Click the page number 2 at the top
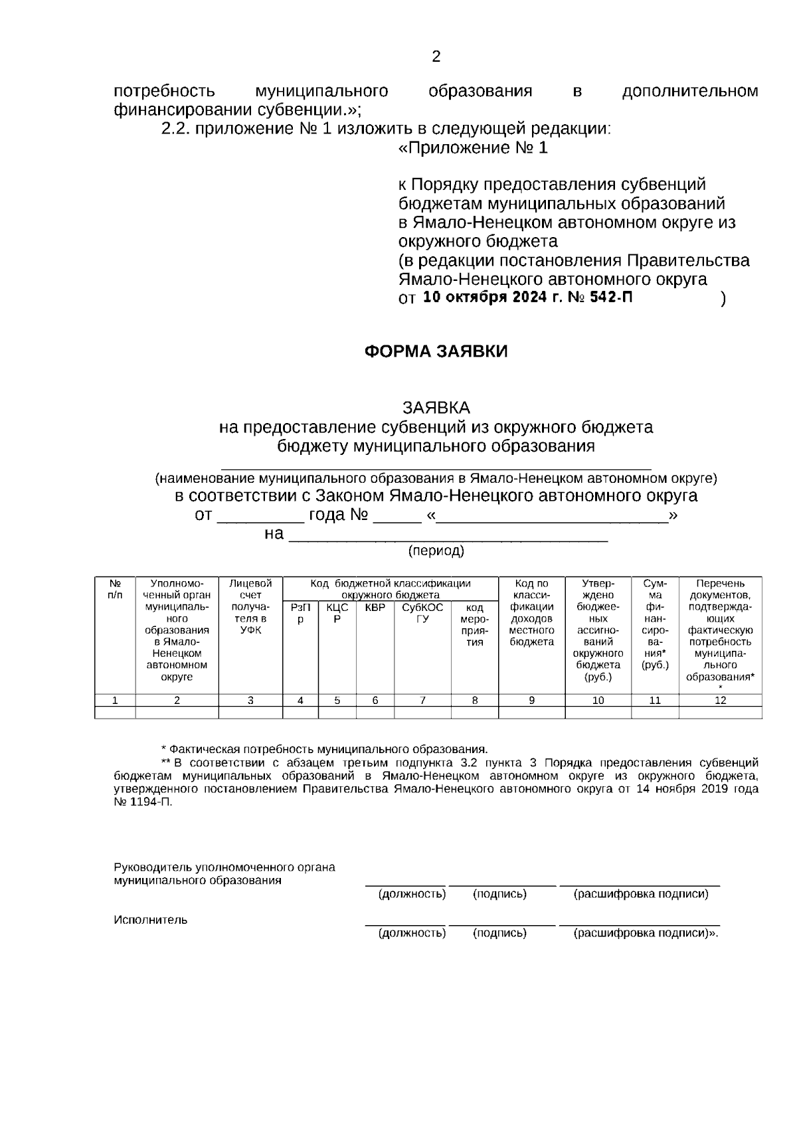[x=436, y=57]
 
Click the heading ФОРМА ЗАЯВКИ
[x=436, y=351]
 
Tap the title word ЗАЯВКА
[x=436, y=406]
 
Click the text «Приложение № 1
[x=473, y=147]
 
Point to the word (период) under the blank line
[x=436, y=551]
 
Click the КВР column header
[x=375, y=608]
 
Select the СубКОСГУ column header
[x=422, y=613]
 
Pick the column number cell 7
[x=422, y=700]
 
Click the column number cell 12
[x=720, y=700]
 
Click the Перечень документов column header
[x=720, y=630]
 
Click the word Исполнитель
[x=151, y=920]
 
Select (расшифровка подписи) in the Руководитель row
[x=640, y=894]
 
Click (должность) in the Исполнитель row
[x=412, y=933]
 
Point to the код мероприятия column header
[x=474, y=624]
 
